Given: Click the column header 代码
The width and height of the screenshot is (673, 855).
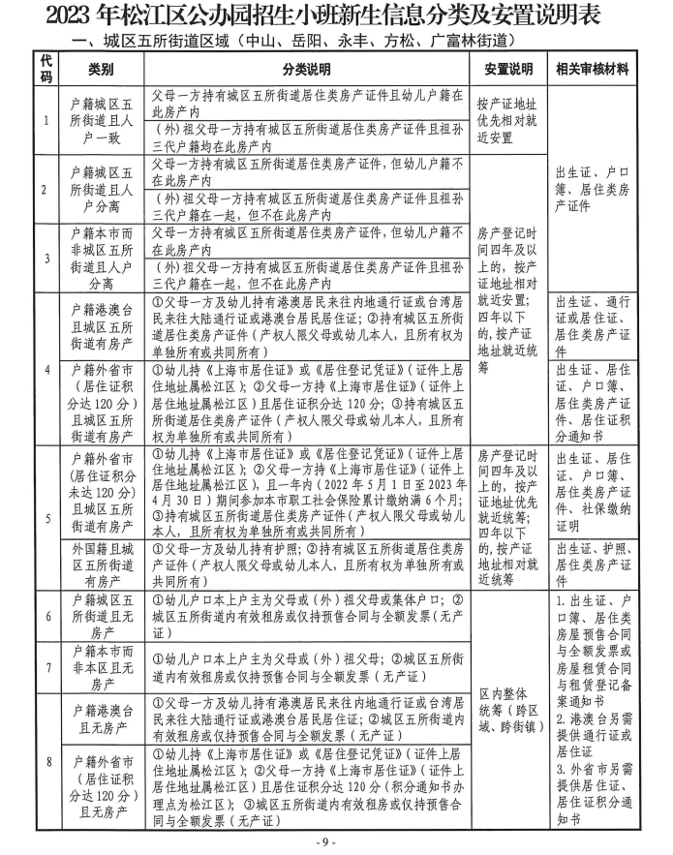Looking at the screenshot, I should (46, 70).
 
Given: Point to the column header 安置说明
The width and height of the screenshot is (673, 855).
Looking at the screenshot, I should (508, 70).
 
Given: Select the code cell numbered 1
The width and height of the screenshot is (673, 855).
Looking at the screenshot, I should (46, 120).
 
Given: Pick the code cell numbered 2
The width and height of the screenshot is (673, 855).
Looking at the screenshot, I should (46, 188).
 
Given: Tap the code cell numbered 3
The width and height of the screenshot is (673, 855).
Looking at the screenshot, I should (46, 258).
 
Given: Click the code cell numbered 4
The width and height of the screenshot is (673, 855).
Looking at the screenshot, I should (46, 369).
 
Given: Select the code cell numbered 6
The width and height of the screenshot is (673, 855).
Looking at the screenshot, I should (46, 617).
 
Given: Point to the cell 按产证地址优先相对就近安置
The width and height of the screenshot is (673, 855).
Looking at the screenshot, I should (508, 120).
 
